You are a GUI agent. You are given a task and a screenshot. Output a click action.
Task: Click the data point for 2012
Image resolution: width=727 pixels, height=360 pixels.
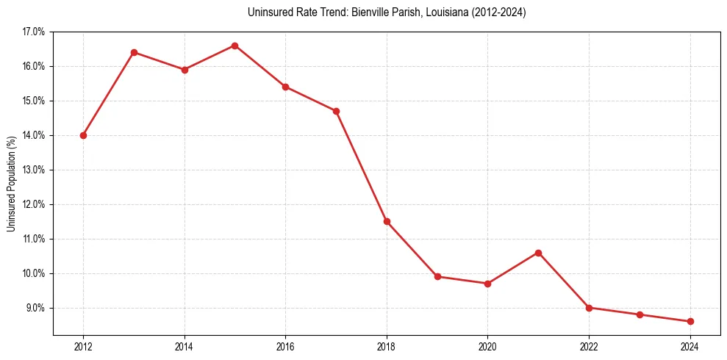pos(83,135)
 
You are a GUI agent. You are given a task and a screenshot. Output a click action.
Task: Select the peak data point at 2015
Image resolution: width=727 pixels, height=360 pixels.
pos(234,46)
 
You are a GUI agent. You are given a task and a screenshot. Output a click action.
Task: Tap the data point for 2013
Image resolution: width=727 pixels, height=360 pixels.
pos(134,52)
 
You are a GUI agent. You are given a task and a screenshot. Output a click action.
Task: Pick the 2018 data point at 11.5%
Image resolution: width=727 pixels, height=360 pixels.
pos(387,221)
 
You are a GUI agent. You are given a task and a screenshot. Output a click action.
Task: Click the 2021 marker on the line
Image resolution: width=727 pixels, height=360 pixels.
pos(538,253)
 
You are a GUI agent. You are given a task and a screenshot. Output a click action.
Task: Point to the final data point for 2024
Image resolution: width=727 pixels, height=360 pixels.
pos(690,321)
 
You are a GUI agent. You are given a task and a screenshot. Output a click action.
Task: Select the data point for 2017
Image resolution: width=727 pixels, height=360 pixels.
pos(336,111)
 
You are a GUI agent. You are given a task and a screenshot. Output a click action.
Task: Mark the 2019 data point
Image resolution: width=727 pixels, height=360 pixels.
pos(437,276)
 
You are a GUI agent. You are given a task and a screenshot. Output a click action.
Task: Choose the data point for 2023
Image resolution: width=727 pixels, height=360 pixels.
pos(640,314)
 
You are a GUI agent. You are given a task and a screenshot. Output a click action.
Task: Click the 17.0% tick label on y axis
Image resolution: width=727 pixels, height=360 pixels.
pos(34,32)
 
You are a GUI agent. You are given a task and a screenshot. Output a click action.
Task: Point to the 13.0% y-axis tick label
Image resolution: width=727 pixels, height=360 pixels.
pos(34,170)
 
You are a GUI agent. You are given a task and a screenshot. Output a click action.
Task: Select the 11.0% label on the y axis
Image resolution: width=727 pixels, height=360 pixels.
pos(34,239)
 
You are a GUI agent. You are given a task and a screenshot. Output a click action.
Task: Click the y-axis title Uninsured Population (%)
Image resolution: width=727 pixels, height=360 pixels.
pos(12,184)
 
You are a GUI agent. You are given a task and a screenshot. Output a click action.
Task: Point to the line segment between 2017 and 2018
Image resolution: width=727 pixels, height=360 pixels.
pos(361,166)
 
